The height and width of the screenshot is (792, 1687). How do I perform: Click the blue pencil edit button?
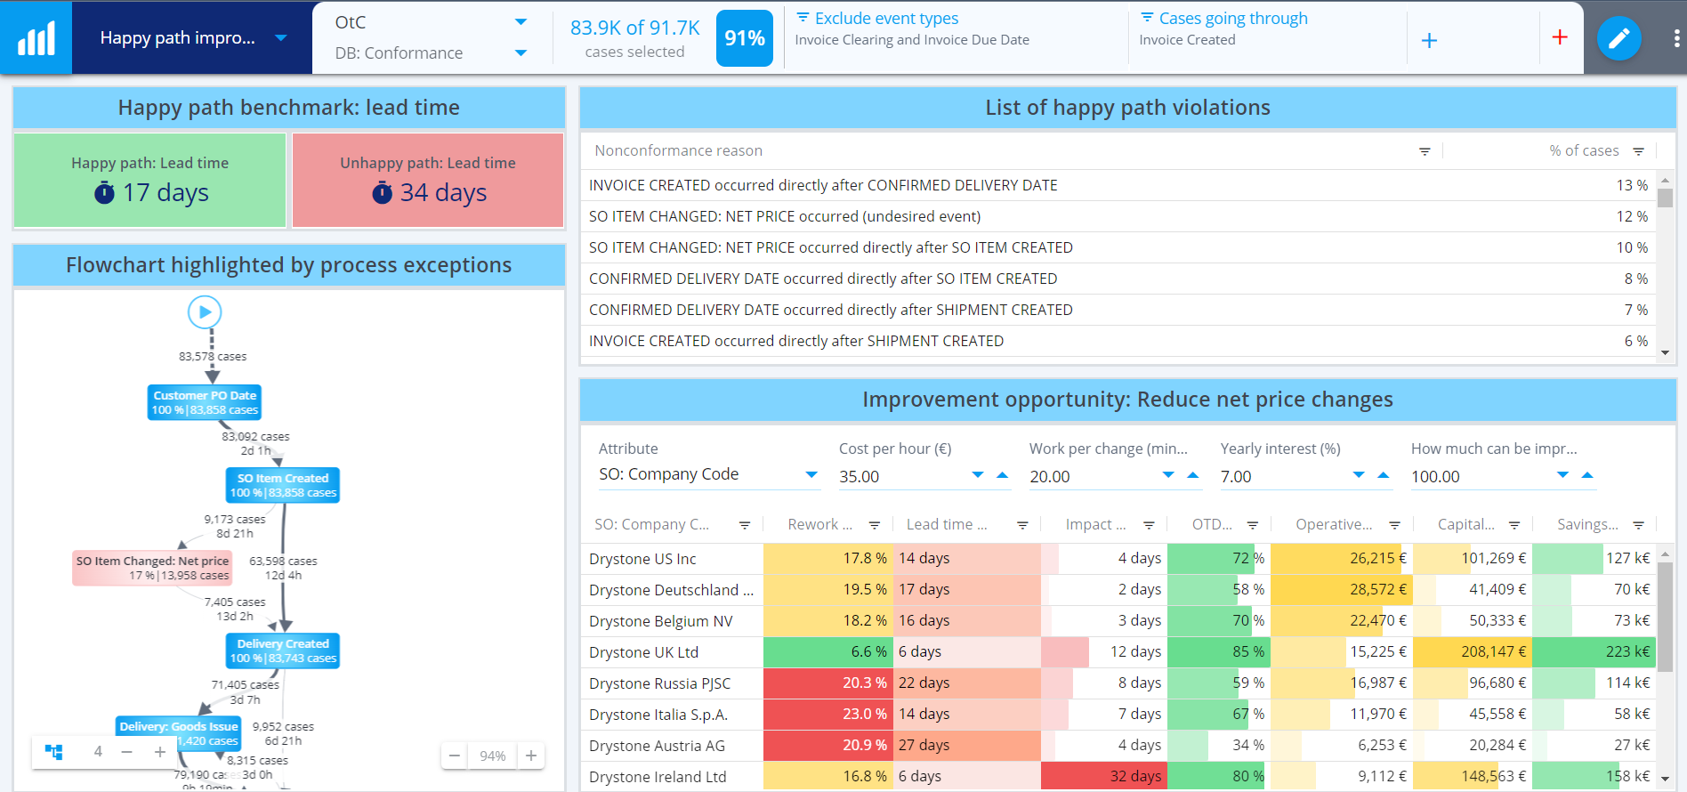tap(1618, 38)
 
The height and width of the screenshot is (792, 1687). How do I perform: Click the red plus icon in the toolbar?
tap(1560, 37)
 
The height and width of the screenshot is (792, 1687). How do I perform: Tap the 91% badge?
tap(744, 38)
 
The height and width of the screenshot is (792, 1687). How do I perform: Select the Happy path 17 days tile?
tap(150, 181)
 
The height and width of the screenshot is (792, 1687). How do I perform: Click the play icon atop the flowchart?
tap(205, 312)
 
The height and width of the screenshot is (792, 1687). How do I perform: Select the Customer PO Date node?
tap(205, 402)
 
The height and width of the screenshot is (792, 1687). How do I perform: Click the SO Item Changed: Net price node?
tap(153, 568)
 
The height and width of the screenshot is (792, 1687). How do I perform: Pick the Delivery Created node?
tap(283, 651)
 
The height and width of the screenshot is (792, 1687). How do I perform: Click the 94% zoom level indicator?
tap(492, 756)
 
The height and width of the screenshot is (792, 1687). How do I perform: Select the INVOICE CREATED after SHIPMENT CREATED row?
tap(796, 341)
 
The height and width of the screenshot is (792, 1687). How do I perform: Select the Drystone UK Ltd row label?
tap(643, 652)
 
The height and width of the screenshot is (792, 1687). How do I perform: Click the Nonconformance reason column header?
tap(679, 150)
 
